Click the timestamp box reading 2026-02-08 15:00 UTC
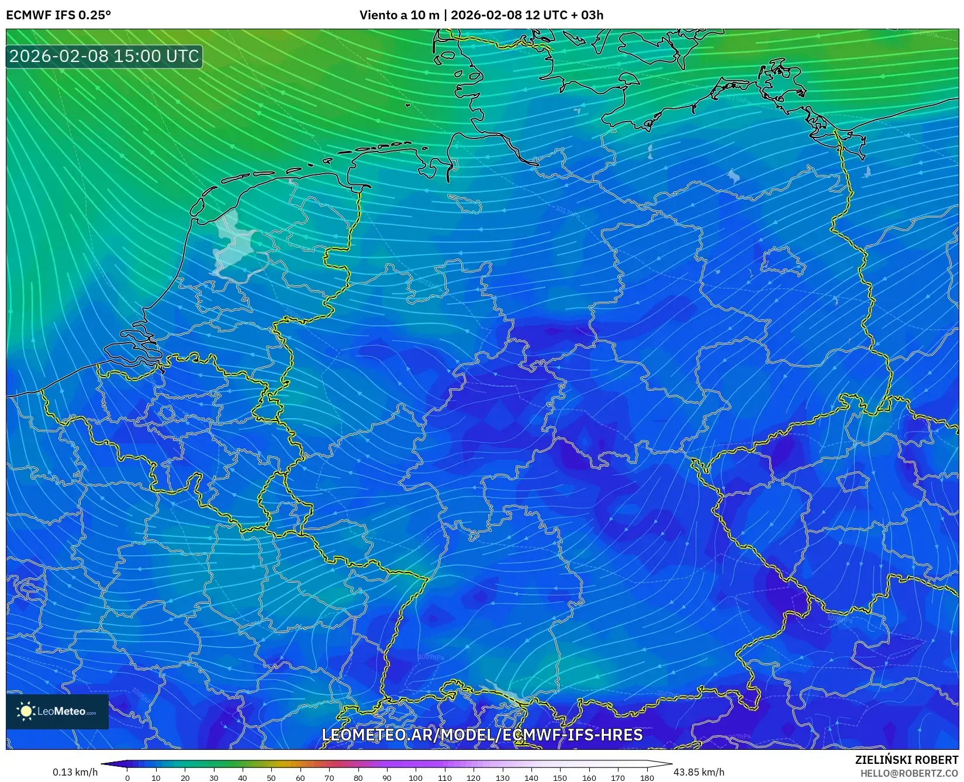click(x=104, y=56)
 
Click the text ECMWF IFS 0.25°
click(x=58, y=15)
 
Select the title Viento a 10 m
click(x=399, y=15)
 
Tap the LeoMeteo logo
click(x=57, y=711)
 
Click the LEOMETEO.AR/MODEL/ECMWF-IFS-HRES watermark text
click(x=482, y=735)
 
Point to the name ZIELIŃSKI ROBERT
click(x=907, y=760)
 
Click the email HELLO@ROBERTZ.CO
click(x=909, y=773)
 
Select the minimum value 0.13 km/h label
click(x=75, y=772)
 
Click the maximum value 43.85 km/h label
click(x=699, y=772)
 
